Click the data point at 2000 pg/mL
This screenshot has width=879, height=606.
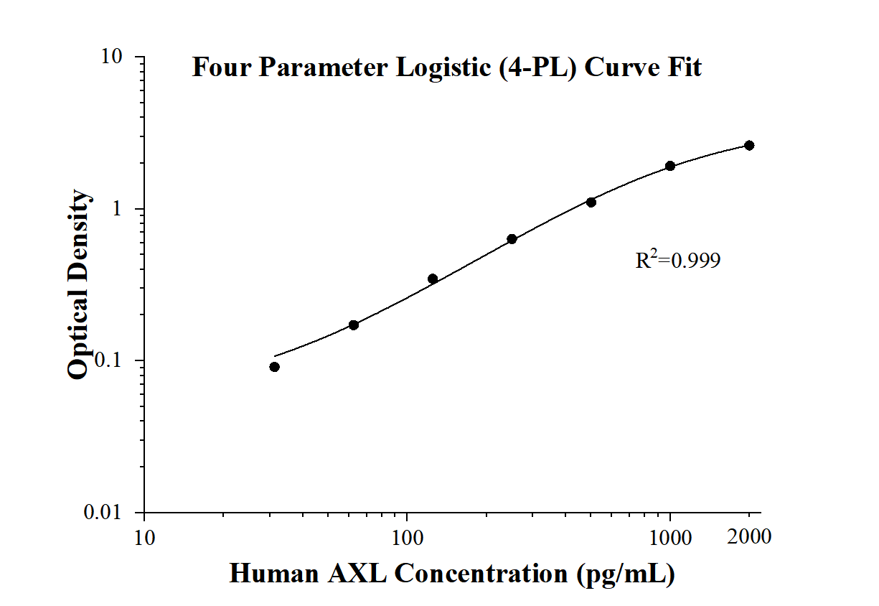click(749, 145)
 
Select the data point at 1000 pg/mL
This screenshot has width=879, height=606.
click(670, 166)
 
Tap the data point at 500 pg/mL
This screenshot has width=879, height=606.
click(591, 202)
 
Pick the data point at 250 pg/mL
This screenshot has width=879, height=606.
click(512, 239)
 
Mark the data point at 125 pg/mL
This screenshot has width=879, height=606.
click(433, 279)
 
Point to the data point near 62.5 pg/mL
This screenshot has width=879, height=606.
click(354, 325)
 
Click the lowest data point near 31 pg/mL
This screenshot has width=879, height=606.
click(275, 367)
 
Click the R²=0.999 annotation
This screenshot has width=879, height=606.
click(677, 261)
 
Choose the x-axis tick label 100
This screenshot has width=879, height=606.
click(407, 538)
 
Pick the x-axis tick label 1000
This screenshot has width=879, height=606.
click(670, 538)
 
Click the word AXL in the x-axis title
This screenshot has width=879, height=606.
click(355, 574)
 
